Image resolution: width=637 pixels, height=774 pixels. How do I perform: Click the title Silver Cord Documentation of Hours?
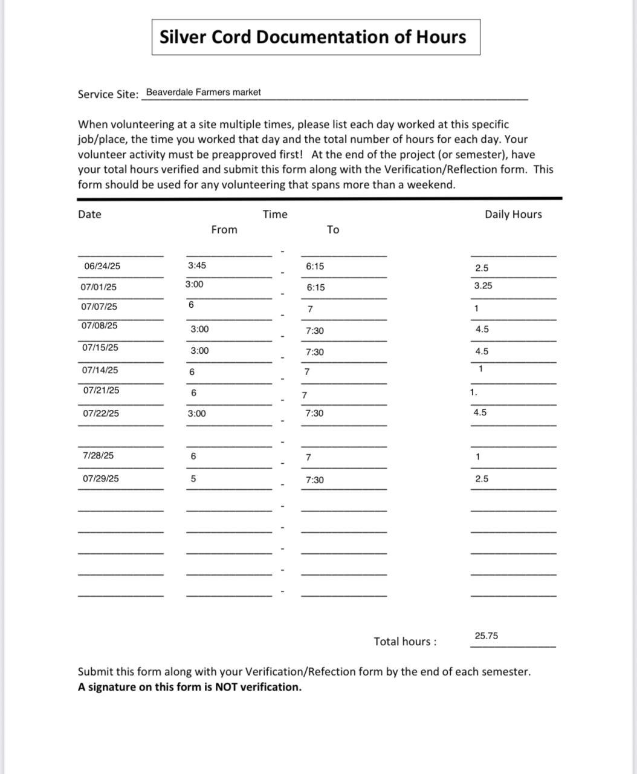pyautogui.click(x=312, y=37)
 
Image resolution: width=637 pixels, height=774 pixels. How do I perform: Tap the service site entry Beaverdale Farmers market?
pyautogui.click(x=204, y=93)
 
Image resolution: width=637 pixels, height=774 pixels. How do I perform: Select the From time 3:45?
pyautogui.click(x=197, y=265)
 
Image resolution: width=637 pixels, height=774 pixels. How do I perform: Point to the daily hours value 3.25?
pyautogui.click(x=483, y=286)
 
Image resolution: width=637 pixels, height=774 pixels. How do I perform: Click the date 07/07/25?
pyautogui.click(x=99, y=307)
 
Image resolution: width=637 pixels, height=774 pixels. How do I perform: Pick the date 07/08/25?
pyautogui.click(x=99, y=326)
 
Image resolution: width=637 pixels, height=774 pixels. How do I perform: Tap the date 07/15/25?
pyautogui.click(x=100, y=348)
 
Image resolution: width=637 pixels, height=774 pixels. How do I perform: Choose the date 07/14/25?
pyautogui.click(x=100, y=370)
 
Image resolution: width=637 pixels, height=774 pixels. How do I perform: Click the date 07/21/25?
pyautogui.click(x=102, y=391)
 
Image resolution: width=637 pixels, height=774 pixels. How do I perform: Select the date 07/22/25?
pyautogui.click(x=101, y=414)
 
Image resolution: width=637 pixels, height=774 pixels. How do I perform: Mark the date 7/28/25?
pyautogui.click(x=98, y=456)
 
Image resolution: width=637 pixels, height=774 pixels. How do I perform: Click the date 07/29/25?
pyautogui.click(x=101, y=479)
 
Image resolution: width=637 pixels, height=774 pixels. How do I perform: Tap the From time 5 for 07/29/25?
pyautogui.click(x=193, y=479)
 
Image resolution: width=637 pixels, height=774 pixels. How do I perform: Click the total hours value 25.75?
pyautogui.click(x=487, y=636)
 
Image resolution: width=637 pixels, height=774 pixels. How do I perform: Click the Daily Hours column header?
pyautogui.click(x=513, y=215)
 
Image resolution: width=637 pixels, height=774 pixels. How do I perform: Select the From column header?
pyautogui.click(x=224, y=230)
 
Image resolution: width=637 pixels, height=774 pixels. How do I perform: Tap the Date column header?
pyautogui.click(x=89, y=215)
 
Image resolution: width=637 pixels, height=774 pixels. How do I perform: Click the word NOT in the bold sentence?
pyautogui.click(x=227, y=687)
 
